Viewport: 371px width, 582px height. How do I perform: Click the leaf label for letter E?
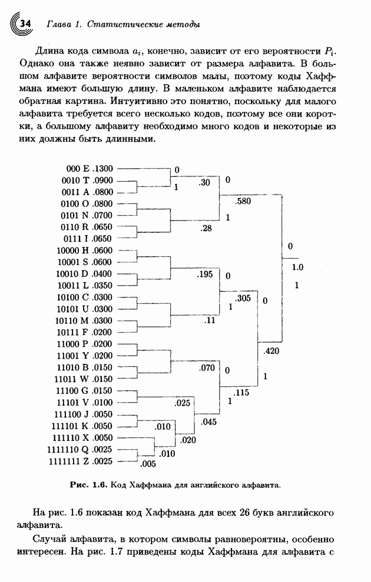coord(90,169)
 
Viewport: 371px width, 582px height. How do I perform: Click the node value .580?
coord(242,202)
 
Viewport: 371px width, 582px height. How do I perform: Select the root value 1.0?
coord(297,267)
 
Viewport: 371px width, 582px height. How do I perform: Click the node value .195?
coord(204,275)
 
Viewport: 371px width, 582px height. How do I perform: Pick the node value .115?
coord(242,392)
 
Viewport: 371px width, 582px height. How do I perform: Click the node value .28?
coord(206,228)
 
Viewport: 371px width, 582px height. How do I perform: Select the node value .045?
coord(208,422)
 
